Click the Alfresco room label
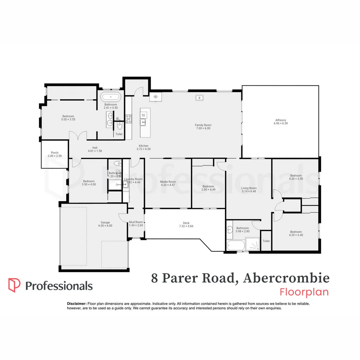pyautogui.click(x=280, y=122)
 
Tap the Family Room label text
pyautogui.click(x=203, y=127)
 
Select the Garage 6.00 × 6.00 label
pyautogui.click(x=105, y=224)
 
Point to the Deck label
pyautogui.click(x=186, y=225)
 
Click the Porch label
pyautogui.click(x=55, y=154)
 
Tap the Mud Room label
pyautogui.click(x=136, y=224)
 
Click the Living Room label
pyautogui.click(x=249, y=190)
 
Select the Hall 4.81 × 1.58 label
pyautogui.click(x=95, y=149)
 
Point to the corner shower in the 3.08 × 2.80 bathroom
pyautogui.click(x=252, y=244)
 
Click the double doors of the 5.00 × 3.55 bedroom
pyautogui.click(x=78, y=136)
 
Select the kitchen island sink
pyautogui.click(x=144, y=122)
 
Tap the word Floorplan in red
pyautogui.click(x=304, y=292)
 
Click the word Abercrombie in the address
pyautogui.click(x=286, y=278)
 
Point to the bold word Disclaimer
pyautogui.click(x=77, y=304)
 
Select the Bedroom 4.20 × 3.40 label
pyautogui.click(x=296, y=233)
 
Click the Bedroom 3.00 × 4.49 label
pyautogui.click(x=208, y=188)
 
